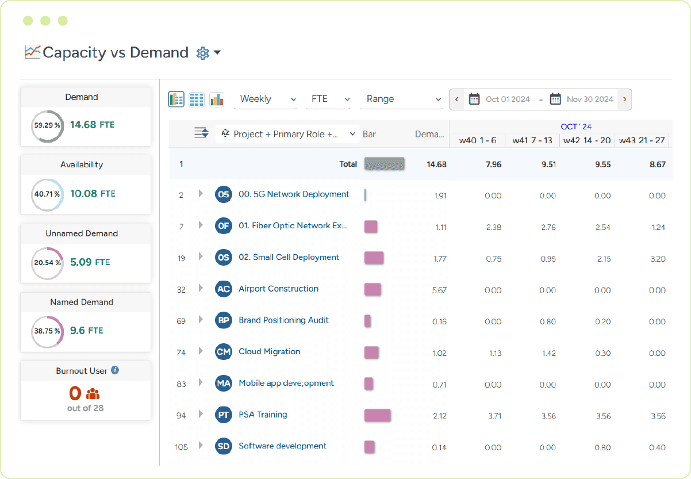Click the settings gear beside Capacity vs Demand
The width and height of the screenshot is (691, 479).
[202, 53]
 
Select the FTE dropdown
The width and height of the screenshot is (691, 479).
[330, 99]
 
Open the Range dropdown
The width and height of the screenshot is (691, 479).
[401, 99]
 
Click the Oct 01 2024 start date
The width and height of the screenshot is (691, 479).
[507, 99]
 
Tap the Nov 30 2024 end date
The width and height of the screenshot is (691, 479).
[589, 99]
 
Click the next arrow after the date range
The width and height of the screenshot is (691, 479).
[624, 99]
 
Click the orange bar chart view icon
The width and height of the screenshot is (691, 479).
[217, 99]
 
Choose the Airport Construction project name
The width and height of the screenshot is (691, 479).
[278, 289]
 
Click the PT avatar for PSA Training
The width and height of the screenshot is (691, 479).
[223, 415]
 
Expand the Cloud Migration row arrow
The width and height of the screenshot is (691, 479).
[201, 351]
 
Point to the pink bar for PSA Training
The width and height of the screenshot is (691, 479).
[377, 415]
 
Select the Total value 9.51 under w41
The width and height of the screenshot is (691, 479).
[548, 164]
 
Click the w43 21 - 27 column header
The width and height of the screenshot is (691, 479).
[643, 140]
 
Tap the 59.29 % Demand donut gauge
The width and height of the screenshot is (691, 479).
[47, 125]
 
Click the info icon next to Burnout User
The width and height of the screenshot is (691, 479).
[115, 370]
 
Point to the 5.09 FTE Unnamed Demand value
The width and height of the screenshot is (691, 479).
[90, 262]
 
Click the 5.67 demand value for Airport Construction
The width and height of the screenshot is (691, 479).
[439, 290]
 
